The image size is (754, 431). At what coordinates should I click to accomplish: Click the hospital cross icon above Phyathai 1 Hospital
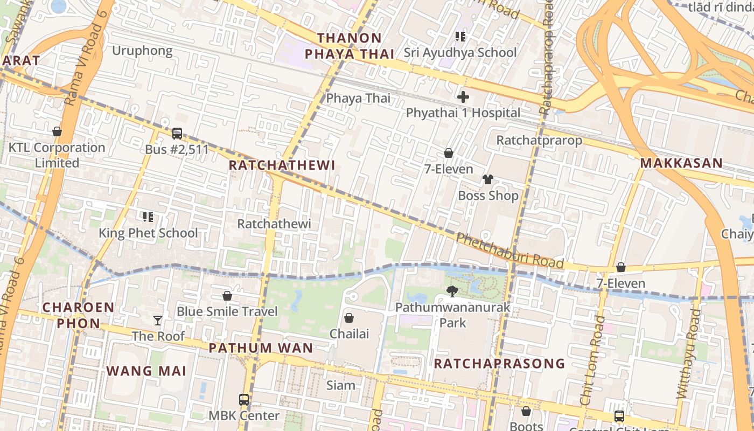(x=463, y=97)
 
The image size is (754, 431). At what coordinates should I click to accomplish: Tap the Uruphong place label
(x=142, y=51)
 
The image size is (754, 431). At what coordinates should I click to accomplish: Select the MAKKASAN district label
(x=681, y=163)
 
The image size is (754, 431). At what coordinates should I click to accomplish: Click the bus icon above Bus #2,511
(x=177, y=134)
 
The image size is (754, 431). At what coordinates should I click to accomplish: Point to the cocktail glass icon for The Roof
(x=158, y=321)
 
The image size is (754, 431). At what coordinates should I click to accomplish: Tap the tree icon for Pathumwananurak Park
(x=452, y=291)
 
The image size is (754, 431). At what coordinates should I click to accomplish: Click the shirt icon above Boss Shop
(x=488, y=179)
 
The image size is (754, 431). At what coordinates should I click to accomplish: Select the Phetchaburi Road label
(x=509, y=251)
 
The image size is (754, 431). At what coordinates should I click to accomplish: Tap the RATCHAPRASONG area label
(x=499, y=364)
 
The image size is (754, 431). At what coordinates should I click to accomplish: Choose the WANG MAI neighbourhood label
(x=146, y=371)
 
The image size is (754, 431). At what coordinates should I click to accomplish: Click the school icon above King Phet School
(x=148, y=217)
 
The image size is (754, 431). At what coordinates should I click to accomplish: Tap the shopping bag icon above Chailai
(x=349, y=318)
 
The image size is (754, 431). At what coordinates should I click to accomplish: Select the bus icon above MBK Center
(x=244, y=400)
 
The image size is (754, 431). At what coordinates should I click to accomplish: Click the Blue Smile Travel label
(x=227, y=311)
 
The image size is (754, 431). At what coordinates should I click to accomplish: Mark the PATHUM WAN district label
(x=261, y=348)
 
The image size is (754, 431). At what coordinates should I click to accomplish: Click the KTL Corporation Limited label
(x=57, y=155)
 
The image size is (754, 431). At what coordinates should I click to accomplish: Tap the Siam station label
(x=341, y=385)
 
